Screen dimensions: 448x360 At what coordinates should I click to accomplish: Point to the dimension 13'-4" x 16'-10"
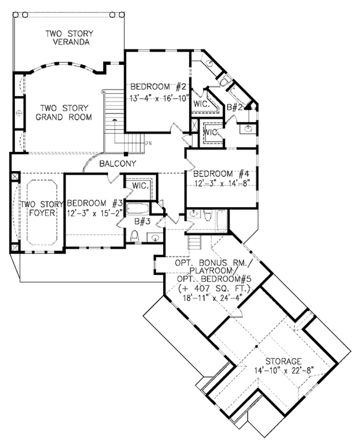click(158, 97)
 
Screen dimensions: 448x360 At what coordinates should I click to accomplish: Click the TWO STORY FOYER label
click(38, 208)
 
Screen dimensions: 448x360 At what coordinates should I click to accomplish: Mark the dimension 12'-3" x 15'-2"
click(95, 214)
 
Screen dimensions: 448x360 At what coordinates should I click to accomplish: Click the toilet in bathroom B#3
click(135, 236)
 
